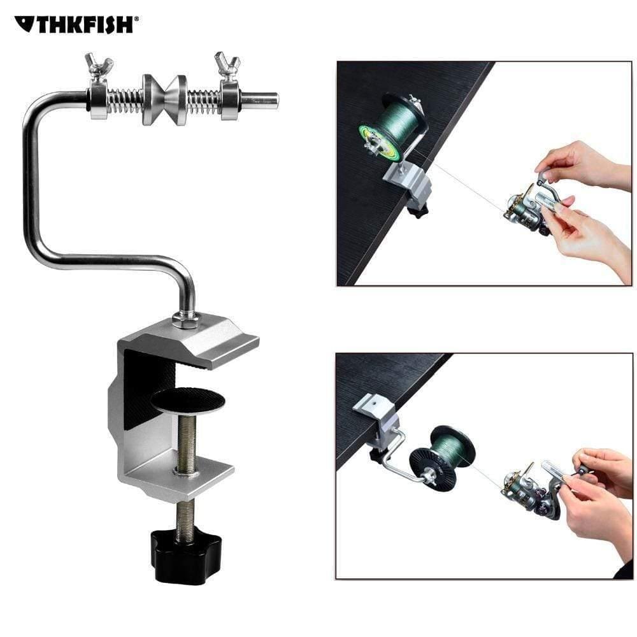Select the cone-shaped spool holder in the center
pyautogui.click(x=164, y=99)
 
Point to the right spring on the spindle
pyautogui.click(x=203, y=100)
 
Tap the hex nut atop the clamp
pyautogui.click(x=186, y=319)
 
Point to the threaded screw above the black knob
pyautogui.click(x=185, y=512)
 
